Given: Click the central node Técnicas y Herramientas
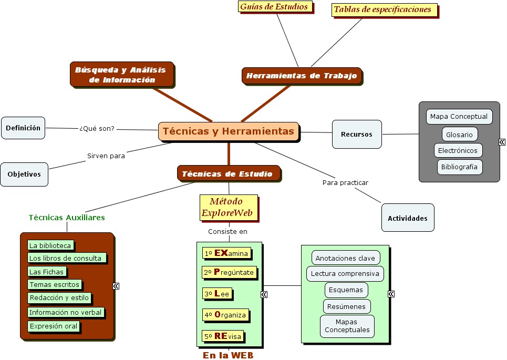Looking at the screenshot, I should coord(229,131).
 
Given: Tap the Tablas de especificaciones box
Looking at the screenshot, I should coord(384,9).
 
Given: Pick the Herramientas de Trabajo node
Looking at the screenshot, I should coord(302,76).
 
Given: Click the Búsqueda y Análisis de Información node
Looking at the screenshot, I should coord(121,75).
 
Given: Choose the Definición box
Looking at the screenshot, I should coord(23,128).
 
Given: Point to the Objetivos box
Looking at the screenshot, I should coord(24,174).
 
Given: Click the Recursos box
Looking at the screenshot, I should coord(357,134).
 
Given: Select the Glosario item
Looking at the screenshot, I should coord(460,135).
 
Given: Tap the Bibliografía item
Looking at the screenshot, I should coord(460,167).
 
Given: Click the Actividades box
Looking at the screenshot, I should coord(408,218).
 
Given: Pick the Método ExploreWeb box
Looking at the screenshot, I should coord(229,208).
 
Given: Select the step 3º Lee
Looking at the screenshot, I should coord(217,294).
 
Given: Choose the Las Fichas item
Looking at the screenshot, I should coord(47,272).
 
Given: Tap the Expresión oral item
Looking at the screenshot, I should coord(54,326).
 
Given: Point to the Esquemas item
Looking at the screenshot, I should coord(346,290).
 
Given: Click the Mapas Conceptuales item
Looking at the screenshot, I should coord(347,326).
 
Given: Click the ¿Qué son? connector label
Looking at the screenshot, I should coord(97,128).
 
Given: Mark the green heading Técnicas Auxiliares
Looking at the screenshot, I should coord(67,218).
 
